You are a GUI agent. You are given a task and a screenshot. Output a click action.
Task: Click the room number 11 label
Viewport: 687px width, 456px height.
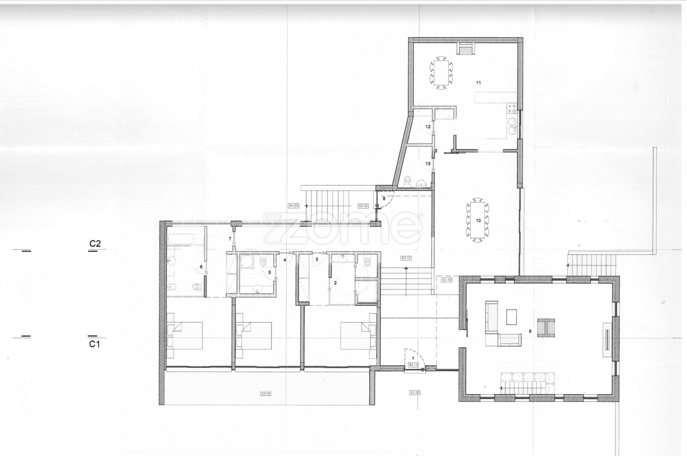pos(478,83)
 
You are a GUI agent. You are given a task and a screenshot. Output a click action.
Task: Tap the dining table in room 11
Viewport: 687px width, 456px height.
pos(441,73)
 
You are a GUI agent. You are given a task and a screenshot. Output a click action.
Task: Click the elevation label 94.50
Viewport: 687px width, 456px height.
pos(294,206)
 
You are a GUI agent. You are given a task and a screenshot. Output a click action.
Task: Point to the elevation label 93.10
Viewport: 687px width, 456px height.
pos(406,258)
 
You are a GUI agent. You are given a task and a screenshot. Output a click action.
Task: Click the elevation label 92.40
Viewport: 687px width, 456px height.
pos(446,280)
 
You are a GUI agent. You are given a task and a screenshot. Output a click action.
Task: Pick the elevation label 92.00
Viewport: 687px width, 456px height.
pos(415,392)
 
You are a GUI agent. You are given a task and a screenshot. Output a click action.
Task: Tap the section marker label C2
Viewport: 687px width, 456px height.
pos(95,243)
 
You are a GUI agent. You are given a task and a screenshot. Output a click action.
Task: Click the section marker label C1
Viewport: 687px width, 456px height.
pos(94,344)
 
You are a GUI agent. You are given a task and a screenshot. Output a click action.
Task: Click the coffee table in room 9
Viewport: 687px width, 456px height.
pos(511,317)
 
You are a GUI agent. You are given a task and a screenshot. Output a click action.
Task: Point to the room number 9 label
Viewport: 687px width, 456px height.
pos(530,331)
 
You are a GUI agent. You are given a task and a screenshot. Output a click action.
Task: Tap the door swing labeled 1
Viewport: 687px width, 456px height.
pos(414,359)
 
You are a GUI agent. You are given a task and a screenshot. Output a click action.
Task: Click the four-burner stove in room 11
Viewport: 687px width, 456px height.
pos(512,108)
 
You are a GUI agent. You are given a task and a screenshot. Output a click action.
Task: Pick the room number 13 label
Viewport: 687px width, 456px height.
pos(428,164)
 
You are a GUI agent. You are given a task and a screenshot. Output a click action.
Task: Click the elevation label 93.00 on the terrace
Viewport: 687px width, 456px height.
pos(266,393)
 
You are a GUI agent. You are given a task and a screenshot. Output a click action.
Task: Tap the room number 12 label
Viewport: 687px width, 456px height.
pos(428,127)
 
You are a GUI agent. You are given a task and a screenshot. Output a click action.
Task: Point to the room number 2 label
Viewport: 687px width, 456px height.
pos(335,283)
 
